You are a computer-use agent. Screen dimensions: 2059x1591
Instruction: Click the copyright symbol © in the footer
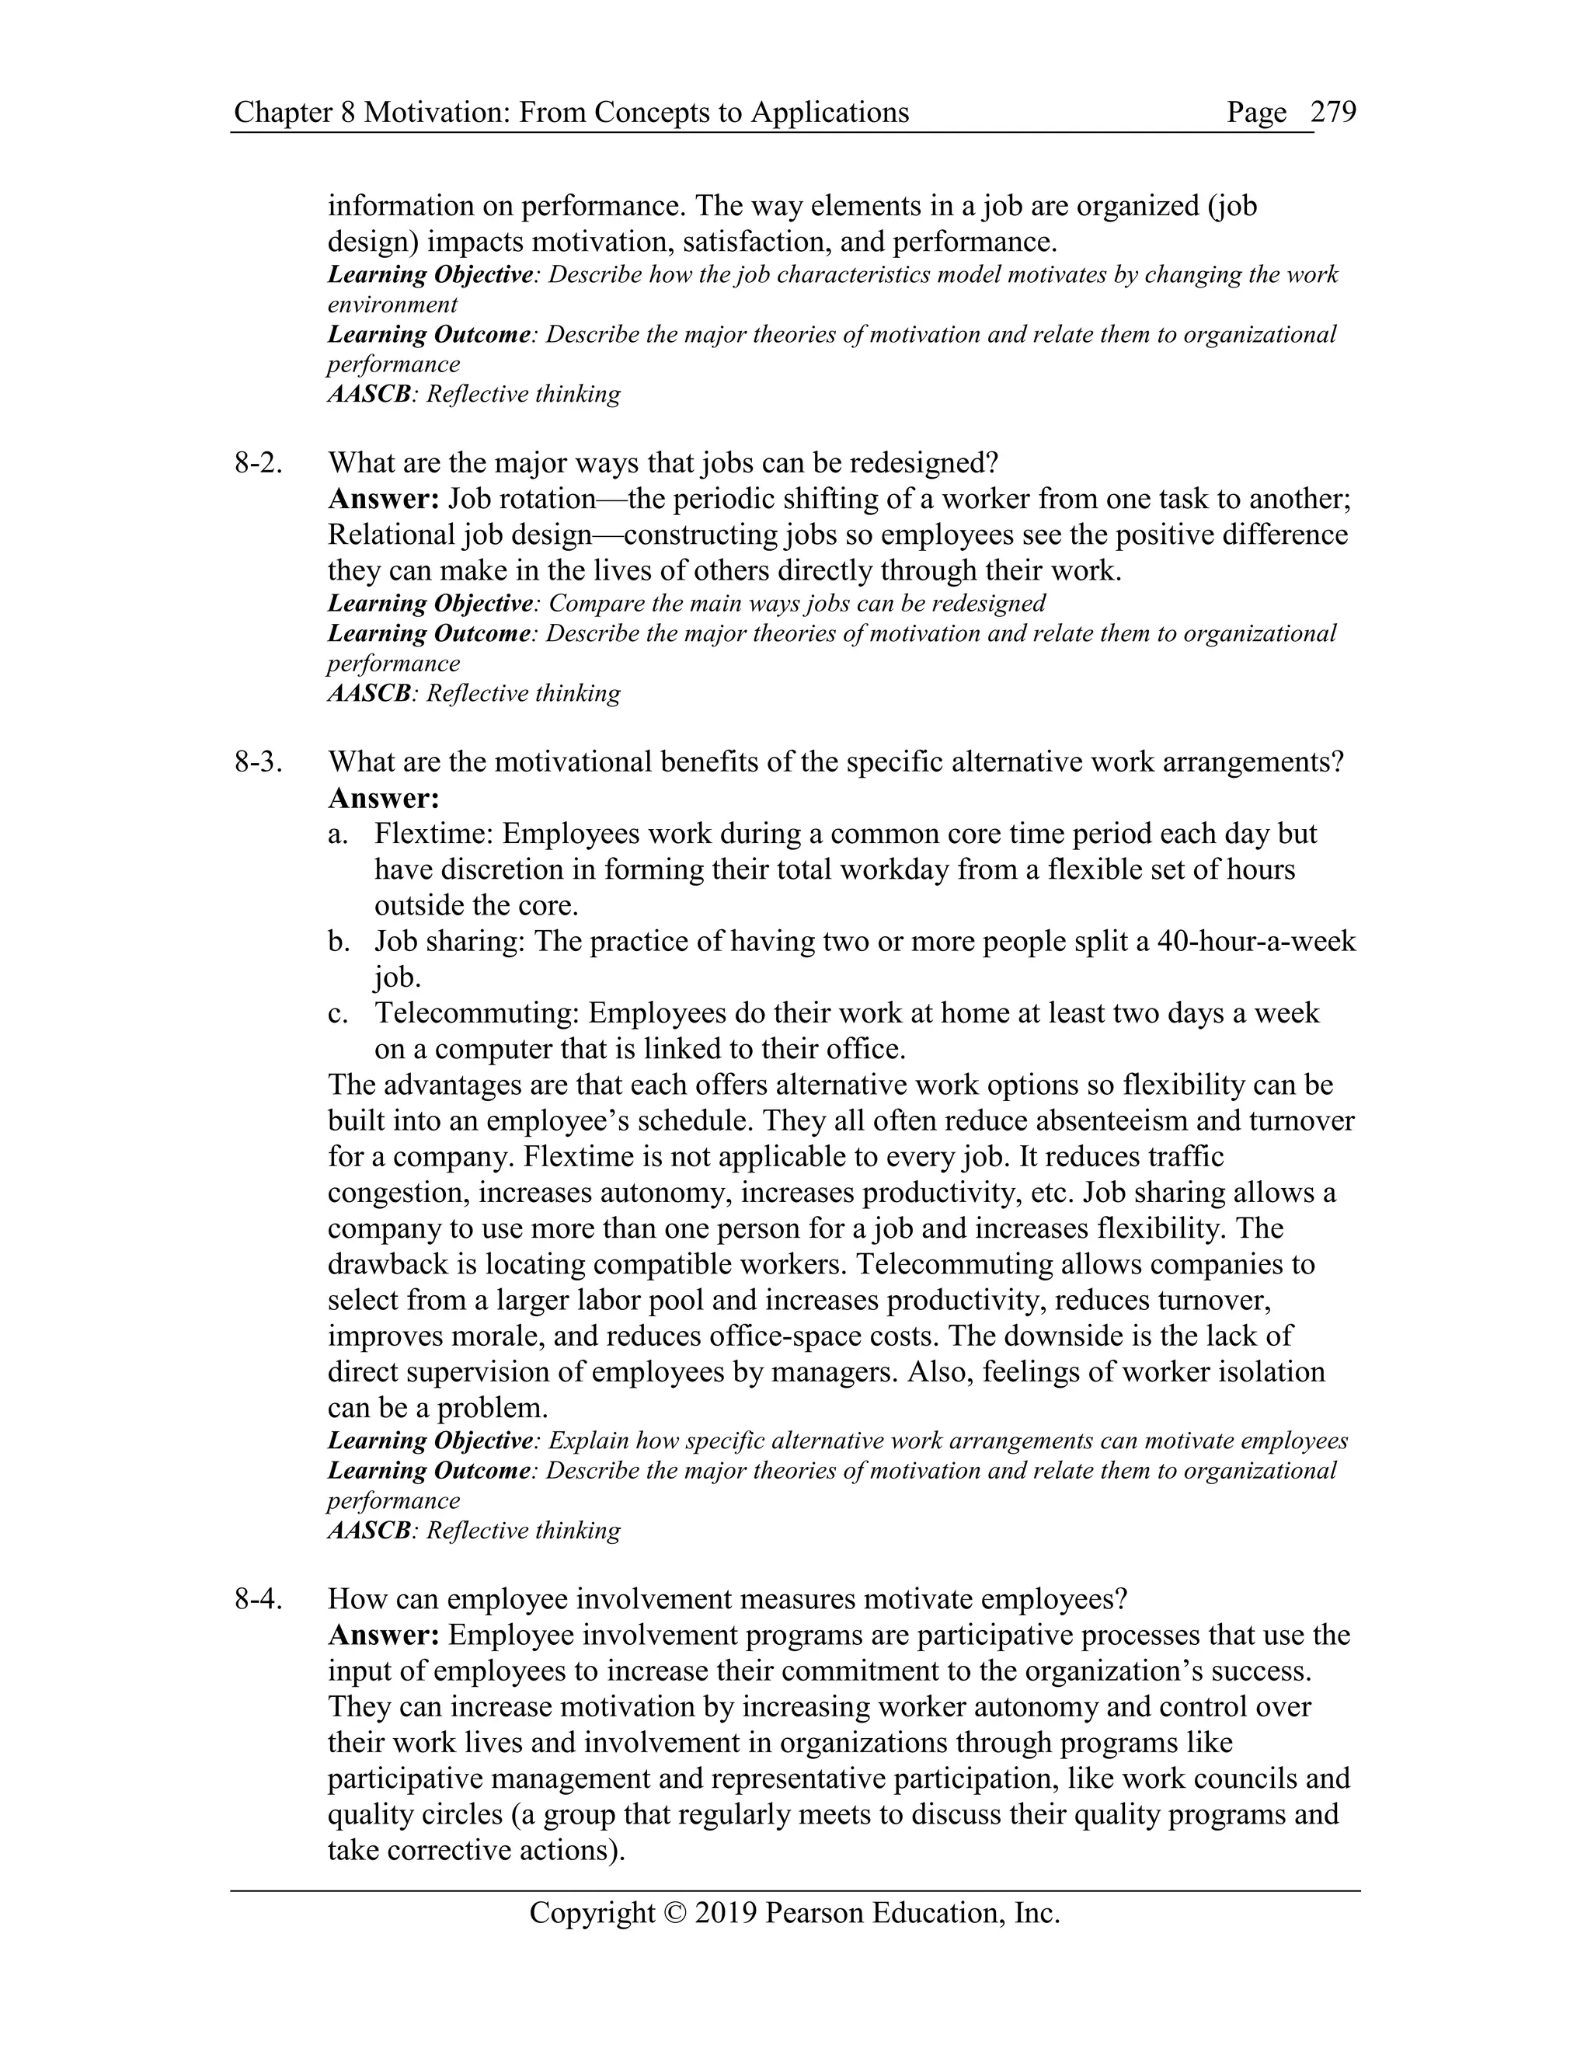676,1913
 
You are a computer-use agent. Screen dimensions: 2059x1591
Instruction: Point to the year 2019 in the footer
726,1913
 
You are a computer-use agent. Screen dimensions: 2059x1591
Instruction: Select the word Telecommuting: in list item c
477,1012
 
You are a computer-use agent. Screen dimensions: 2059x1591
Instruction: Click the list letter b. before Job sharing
339,941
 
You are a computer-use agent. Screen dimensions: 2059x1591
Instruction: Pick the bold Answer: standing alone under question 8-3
384,799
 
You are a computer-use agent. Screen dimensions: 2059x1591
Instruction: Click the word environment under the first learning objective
392,305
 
